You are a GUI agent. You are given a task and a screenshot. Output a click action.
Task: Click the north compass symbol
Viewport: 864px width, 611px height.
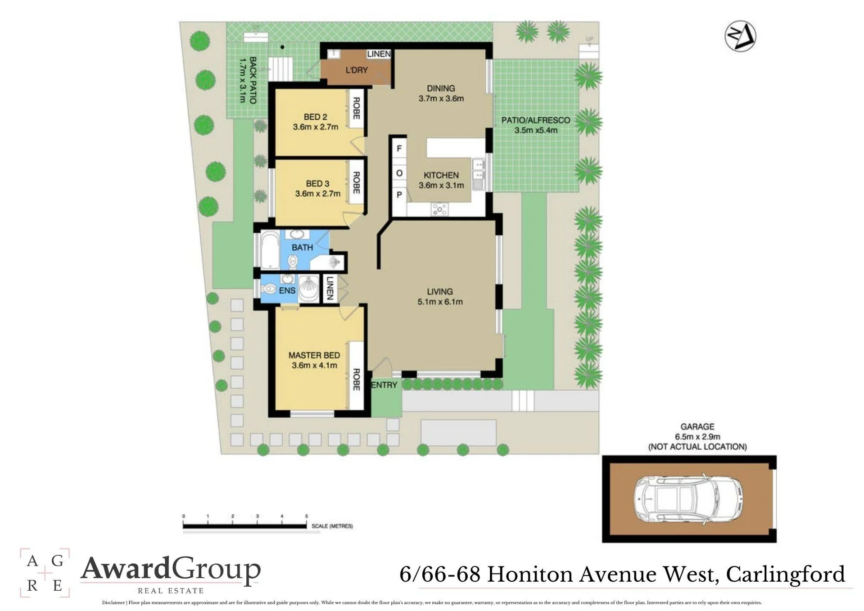tap(740, 36)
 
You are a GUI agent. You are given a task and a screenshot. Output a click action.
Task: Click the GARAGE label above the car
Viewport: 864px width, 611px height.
tap(697, 426)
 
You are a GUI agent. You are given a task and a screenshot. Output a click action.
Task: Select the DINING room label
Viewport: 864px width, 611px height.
tap(441, 88)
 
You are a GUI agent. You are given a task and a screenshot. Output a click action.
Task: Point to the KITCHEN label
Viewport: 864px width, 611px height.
tap(441, 175)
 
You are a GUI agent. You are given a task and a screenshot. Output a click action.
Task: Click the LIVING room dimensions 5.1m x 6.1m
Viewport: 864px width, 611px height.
tap(440, 302)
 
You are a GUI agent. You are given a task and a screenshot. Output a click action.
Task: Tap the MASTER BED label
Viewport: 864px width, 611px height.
tap(314, 355)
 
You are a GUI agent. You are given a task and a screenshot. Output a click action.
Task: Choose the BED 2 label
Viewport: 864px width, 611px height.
tap(315, 117)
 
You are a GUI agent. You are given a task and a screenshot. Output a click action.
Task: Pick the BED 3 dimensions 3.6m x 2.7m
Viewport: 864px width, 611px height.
tap(318, 194)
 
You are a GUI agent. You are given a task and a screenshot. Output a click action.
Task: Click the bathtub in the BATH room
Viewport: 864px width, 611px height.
tap(270, 250)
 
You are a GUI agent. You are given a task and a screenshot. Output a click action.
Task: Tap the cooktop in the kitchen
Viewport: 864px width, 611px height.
tap(439, 209)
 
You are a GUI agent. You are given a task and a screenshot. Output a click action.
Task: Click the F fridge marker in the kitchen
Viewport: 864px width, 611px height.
tap(399, 148)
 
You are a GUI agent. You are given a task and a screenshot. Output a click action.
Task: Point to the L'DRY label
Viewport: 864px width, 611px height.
tap(357, 70)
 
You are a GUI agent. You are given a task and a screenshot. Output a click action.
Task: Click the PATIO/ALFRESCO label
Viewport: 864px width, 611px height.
tap(536, 120)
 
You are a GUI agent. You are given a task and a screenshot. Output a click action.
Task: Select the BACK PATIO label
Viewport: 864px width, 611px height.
tap(253, 80)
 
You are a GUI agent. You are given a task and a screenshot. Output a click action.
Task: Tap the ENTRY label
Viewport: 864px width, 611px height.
tap(384, 385)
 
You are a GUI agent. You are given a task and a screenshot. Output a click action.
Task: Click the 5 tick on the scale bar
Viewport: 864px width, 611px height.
tap(307, 520)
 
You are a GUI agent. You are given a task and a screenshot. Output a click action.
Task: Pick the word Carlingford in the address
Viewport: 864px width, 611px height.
tap(785, 575)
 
